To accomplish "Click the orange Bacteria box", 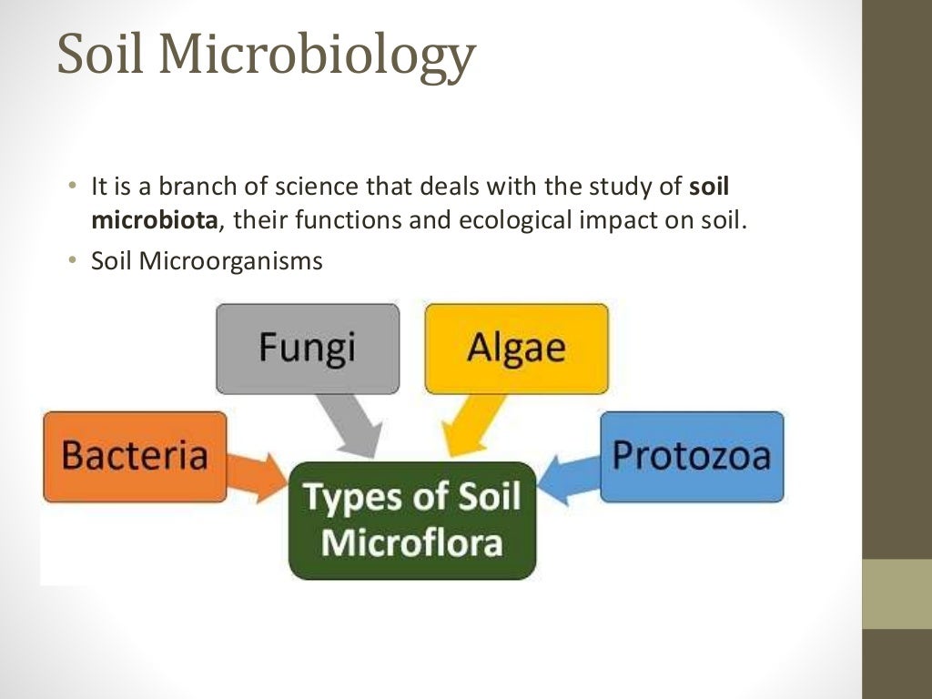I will pos(135,456).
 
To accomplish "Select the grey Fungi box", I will pos(308,348).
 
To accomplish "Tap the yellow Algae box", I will pos(516,348).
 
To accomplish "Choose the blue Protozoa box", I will pos(692,456).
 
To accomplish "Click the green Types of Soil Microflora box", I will pos(412,520).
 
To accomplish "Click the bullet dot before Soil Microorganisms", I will pos(72,261).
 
